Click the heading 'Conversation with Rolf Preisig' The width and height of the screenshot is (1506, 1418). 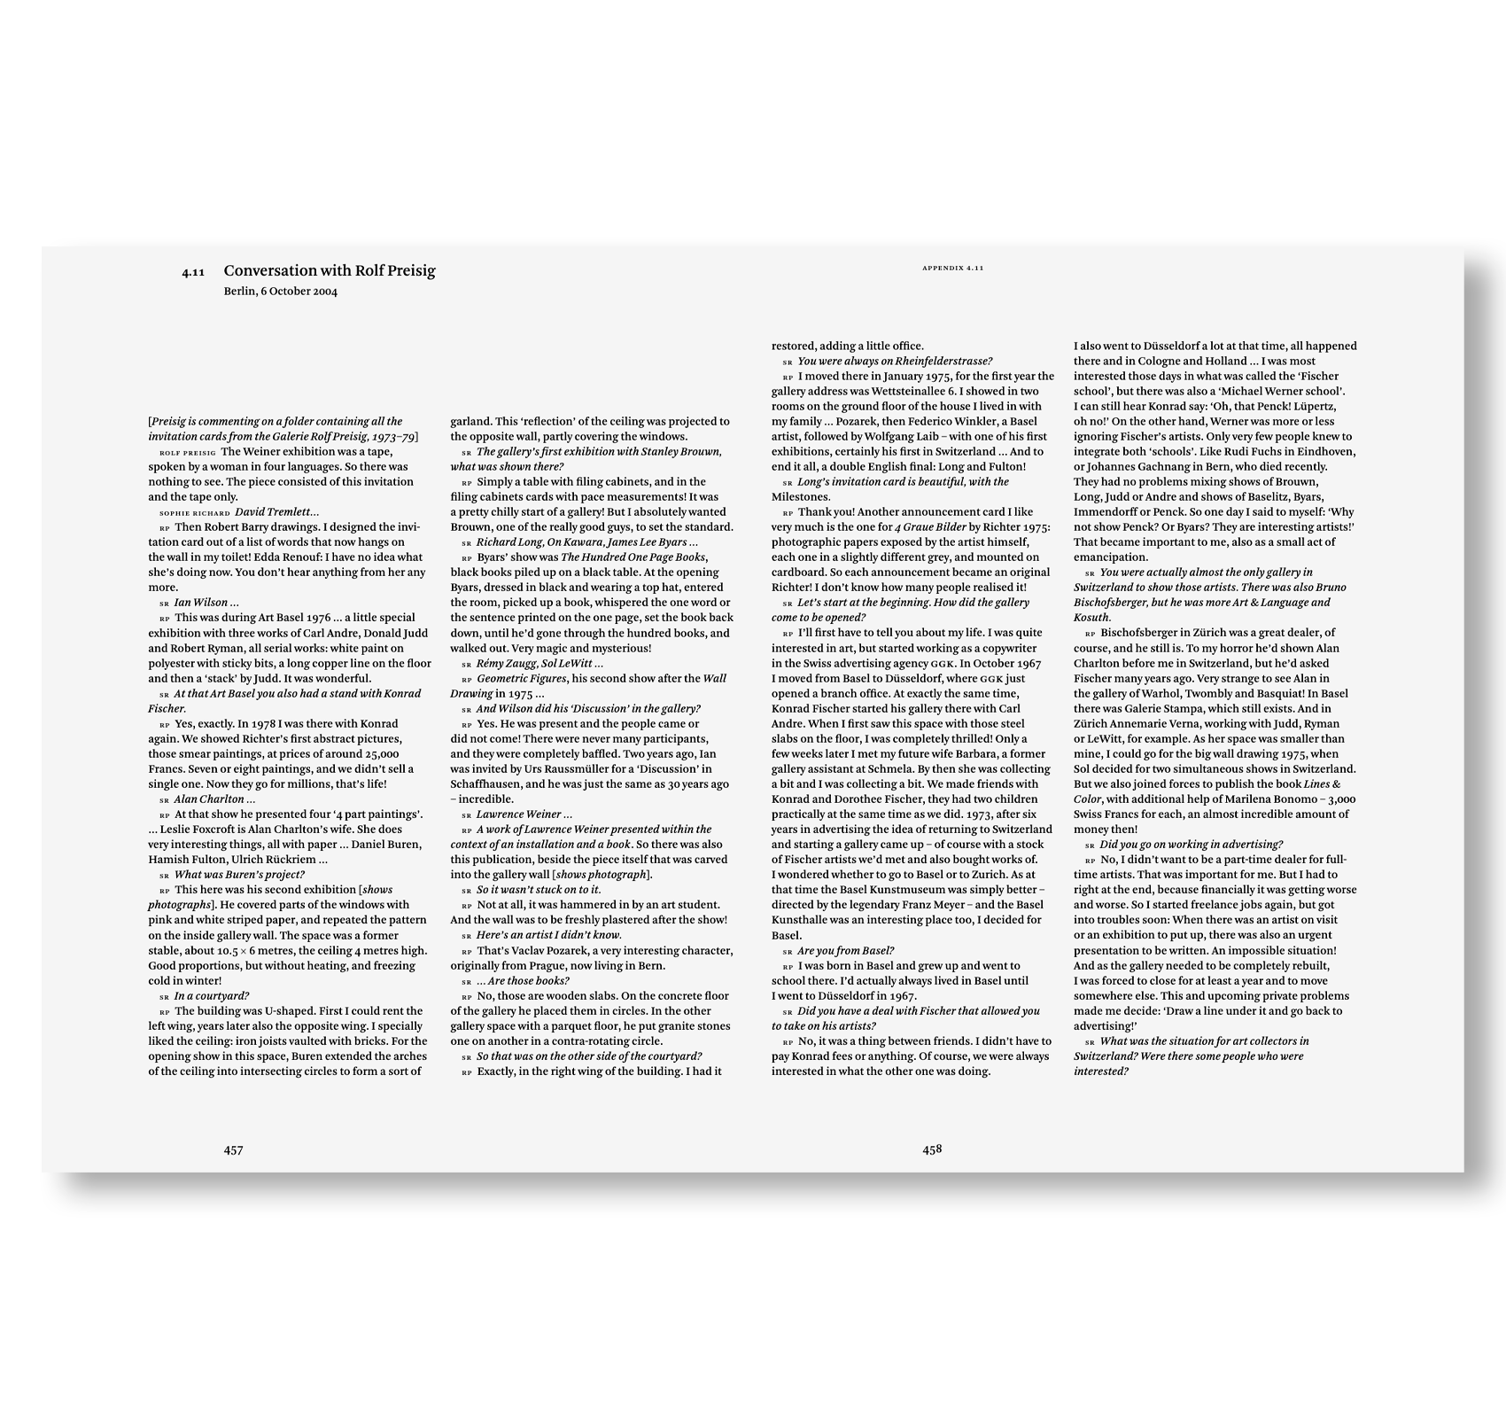point(329,271)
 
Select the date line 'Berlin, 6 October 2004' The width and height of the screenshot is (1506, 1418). point(280,292)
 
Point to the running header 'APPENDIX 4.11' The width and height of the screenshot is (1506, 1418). point(952,267)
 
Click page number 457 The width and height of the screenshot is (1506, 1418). point(233,1150)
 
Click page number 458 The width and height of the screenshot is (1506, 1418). point(932,1149)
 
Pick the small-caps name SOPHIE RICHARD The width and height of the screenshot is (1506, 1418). point(194,513)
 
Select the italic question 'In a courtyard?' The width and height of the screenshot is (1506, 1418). point(211,996)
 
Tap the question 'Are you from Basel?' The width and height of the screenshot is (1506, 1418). point(845,951)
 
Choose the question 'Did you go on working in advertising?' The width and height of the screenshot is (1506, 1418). point(1191,845)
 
